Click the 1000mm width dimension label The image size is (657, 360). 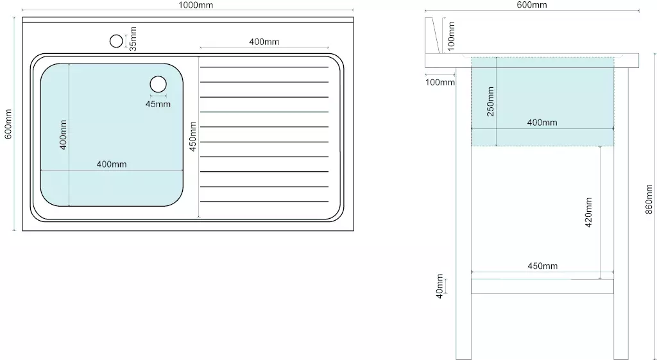pos(196,5)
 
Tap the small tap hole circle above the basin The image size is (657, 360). pos(116,41)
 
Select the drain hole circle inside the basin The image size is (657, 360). pos(158,84)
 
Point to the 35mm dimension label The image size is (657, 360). pos(133,39)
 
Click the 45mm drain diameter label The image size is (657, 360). pos(158,104)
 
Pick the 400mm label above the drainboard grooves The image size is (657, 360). pos(264,42)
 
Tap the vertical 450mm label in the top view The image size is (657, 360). pos(192,136)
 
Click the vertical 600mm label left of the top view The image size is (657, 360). pos(8,124)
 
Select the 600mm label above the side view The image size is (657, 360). pos(532,4)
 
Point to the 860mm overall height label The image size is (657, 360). pos(649,199)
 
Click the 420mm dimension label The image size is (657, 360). pos(588,212)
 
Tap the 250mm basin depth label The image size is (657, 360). pos(490,101)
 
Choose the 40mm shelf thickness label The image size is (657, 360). pos(439,286)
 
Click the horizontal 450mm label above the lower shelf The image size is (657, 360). pos(542,266)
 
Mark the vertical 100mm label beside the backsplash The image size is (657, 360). pos(451,37)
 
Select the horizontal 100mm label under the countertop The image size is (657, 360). pos(440,82)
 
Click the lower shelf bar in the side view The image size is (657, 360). pos(542,286)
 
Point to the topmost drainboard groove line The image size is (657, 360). pos(264,67)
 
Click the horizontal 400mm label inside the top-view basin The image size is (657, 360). pos(112,164)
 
